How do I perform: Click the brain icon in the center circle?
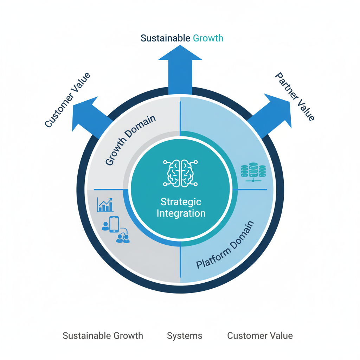click(x=180, y=173)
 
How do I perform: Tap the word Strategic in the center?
click(x=181, y=202)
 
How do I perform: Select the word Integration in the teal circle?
click(x=181, y=213)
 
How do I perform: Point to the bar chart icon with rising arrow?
click(x=105, y=205)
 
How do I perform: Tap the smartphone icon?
click(x=114, y=224)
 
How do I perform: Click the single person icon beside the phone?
click(x=105, y=226)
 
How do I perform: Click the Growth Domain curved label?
click(x=130, y=140)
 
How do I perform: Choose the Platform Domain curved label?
click(x=225, y=245)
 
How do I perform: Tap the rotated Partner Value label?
click(x=295, y=97)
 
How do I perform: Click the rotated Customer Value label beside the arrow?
click(x=67, y=100)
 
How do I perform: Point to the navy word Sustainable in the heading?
click(x=165, y=38)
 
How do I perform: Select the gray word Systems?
click(x=185, y=336)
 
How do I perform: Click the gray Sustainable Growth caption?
click(x=103, y=336)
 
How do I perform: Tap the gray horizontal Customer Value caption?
click(x=260, y=336)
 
